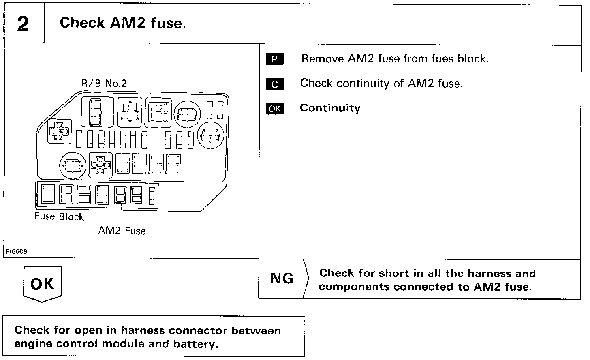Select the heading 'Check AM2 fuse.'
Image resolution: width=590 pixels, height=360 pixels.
[123, 23]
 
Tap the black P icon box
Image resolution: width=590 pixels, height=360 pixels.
[275, 59]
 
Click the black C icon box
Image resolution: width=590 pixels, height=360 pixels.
[275, 84]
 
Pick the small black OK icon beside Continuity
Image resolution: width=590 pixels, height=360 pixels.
[275, 109]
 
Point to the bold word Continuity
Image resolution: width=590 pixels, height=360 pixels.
[330, 108]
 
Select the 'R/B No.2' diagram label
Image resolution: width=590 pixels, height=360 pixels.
[104, 84]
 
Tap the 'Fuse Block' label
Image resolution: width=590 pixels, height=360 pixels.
[59, 216]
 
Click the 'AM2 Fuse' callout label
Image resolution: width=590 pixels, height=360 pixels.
[122, 231]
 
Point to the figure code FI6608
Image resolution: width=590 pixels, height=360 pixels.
[16, 252]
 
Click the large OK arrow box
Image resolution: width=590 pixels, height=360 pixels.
[42, 284]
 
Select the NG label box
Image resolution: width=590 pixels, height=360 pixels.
[282, 279]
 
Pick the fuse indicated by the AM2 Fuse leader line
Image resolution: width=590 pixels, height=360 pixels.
[120, 194]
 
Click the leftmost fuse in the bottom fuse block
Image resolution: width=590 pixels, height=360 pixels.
[48, 194]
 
